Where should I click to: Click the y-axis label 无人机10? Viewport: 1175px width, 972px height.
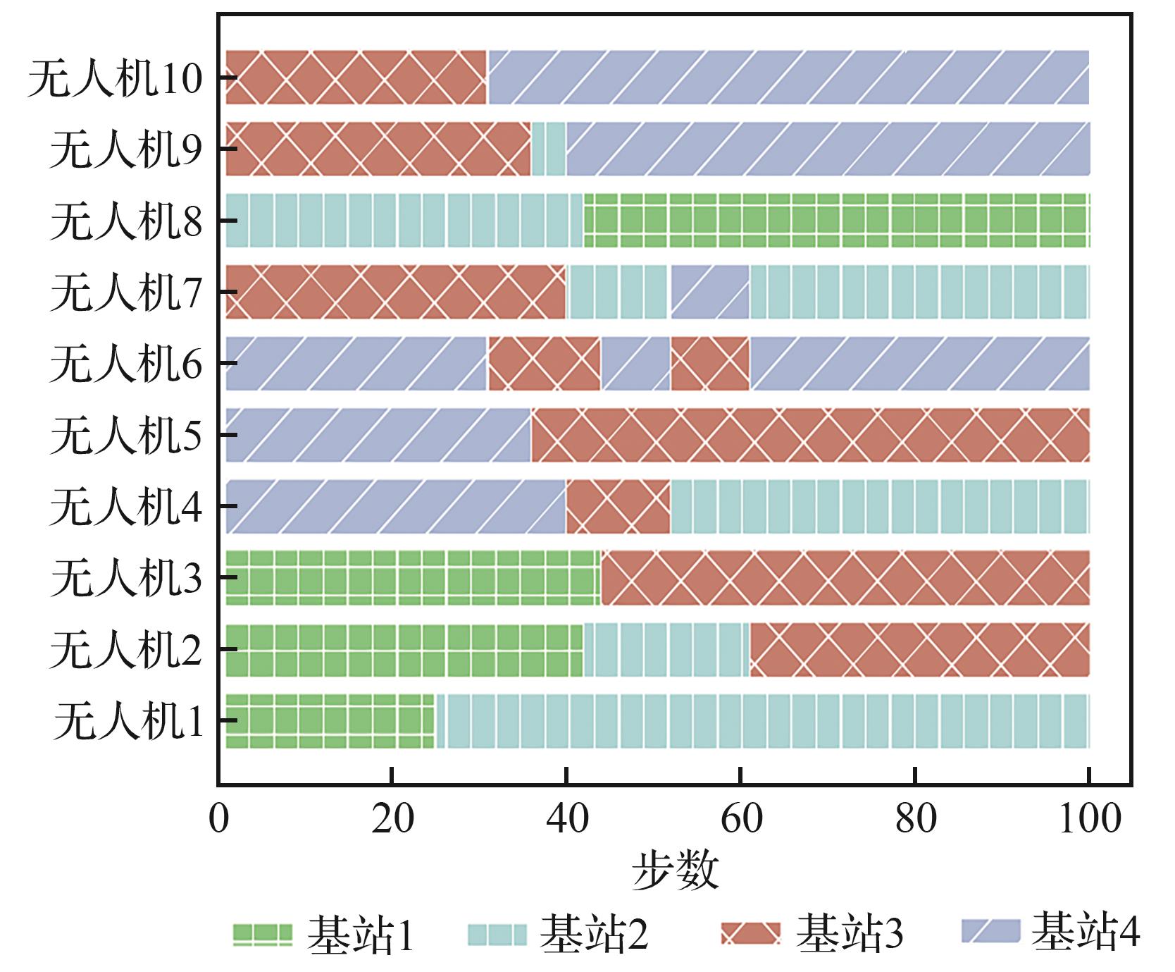[x=115, y=78]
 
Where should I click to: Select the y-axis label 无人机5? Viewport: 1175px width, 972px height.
[x=126, y=434]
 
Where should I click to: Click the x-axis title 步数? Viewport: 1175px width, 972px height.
[x=675, y=870]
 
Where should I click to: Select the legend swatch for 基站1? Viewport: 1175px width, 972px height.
[x=262, y=934]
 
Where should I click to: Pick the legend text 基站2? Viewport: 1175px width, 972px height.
[x=593, y=934]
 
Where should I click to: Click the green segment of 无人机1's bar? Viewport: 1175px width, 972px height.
[x=330, y=720]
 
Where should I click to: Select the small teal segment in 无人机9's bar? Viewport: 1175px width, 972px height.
[x=549, y=149]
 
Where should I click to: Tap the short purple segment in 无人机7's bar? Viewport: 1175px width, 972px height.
[x=709, y=292]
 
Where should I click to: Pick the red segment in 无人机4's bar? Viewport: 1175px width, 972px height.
[x=618, y=506]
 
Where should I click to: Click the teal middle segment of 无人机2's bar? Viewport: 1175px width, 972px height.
[x=666, y=649]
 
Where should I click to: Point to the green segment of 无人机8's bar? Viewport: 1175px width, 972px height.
[x=836, y=220]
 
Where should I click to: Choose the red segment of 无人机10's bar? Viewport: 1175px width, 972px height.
[x=356, y=78]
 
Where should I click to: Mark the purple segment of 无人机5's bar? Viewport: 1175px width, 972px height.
[x=378, y=434]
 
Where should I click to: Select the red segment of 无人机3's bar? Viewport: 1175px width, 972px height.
[x=845, y=577]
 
